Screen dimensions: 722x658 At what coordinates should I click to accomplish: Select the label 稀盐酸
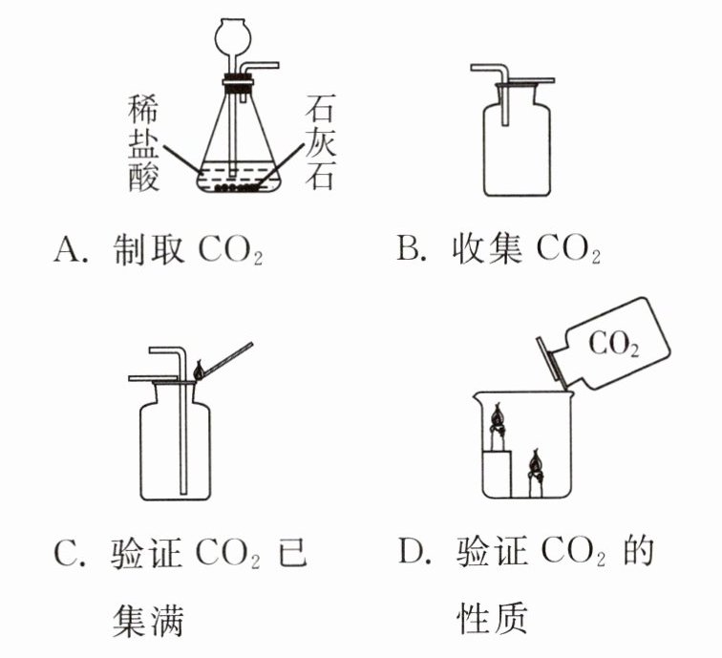point(143,143)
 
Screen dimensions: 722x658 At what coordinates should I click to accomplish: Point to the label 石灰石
point(321,142)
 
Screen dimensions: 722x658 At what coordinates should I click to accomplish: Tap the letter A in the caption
point(66,249)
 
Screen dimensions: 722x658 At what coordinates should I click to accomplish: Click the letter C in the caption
point(66,553)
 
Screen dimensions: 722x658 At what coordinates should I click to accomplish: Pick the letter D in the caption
point(411,551)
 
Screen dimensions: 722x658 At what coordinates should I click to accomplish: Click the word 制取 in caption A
point(149,249)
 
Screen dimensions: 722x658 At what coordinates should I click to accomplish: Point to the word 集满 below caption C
point(148,620)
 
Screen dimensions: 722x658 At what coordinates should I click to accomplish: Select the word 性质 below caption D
point(492,619)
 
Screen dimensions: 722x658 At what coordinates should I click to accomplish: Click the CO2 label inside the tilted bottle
point(614,344)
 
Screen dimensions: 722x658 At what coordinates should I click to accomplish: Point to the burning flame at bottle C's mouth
point(199,371)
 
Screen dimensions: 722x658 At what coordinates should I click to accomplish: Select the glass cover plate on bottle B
point(529,81)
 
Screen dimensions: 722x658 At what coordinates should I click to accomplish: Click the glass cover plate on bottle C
point(153,378)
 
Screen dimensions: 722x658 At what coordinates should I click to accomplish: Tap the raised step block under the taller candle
point(498,475)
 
